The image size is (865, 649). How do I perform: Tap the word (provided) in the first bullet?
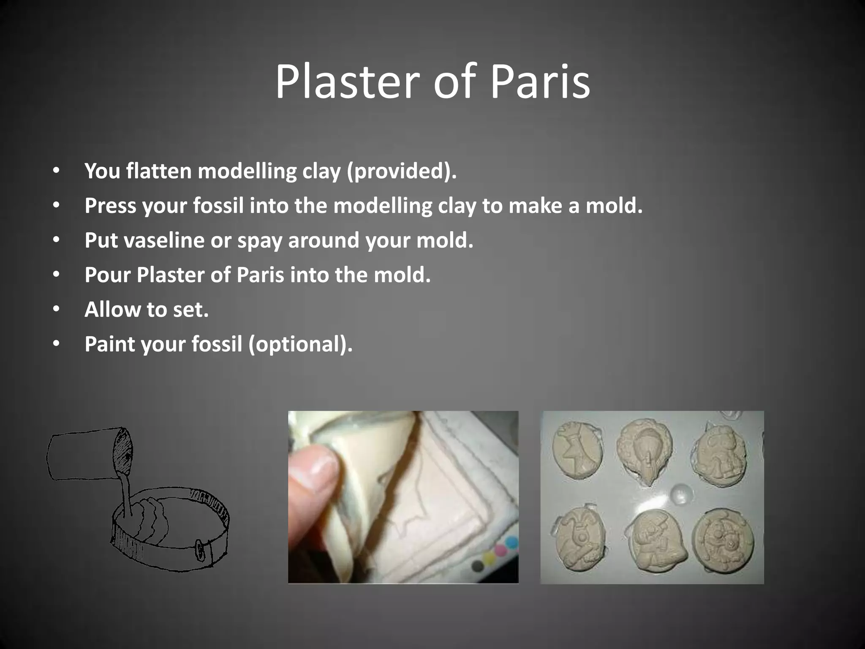402,171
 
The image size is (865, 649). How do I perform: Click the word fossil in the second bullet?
218,206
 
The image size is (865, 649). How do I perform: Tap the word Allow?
112,309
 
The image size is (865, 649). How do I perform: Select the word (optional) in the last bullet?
300,344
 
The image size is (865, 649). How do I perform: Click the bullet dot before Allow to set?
57,310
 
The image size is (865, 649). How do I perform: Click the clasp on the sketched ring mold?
199,550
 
